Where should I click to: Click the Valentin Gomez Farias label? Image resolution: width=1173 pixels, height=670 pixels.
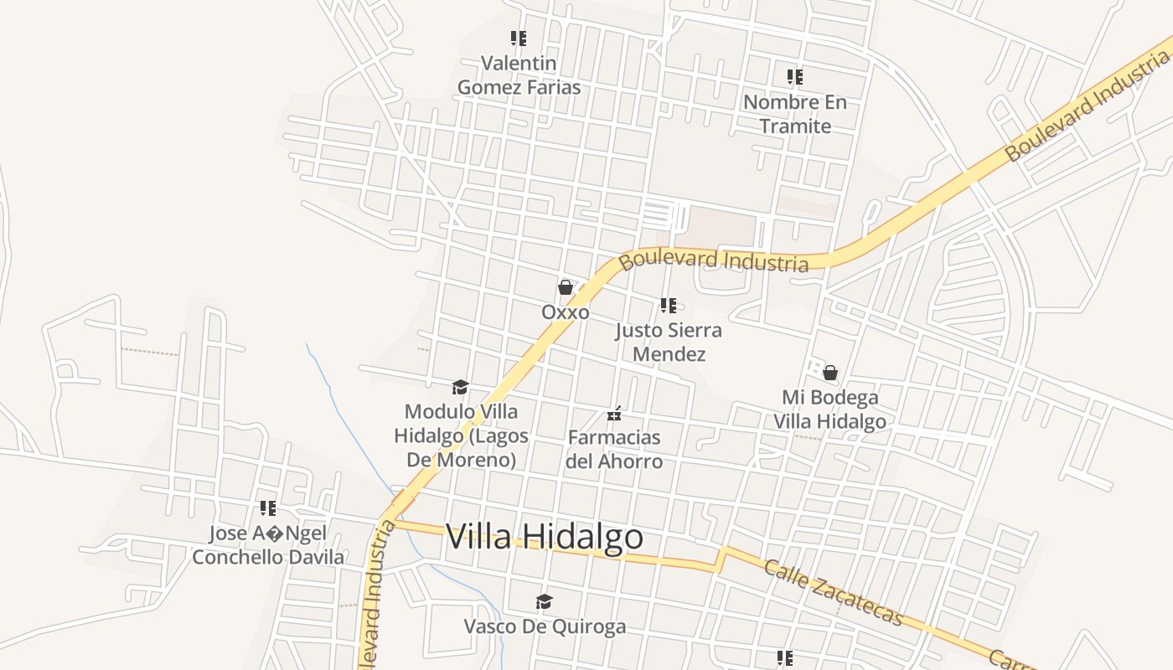point(519,75)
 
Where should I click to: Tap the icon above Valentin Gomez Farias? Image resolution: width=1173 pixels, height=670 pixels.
point(519,39)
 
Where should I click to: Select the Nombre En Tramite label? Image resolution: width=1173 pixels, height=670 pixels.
point(795,114)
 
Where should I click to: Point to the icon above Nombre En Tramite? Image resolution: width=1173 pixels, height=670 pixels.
point(795,77)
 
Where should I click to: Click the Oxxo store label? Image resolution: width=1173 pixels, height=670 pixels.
point(565,312)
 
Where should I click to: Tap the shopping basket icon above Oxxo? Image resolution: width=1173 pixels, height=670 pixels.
point(566,287)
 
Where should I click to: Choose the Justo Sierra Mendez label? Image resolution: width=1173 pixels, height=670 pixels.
point(669,342)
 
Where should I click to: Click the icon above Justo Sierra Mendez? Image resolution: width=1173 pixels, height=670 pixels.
point(668,306)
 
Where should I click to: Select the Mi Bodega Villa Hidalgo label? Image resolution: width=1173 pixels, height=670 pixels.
point(829,409)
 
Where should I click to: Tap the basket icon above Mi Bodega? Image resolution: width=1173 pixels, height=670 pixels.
point(830,372)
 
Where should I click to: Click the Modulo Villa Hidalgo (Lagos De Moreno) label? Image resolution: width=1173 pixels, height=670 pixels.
point(461,435)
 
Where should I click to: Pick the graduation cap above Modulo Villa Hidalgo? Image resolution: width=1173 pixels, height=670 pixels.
point(460,387)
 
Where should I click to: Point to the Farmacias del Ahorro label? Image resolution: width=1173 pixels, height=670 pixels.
point(614,449)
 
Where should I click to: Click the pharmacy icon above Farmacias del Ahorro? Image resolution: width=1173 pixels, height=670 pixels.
point(614,414)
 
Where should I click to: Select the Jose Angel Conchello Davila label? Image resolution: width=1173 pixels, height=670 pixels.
point(268,545)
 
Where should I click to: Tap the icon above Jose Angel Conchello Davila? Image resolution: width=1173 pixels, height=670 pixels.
point(268,508)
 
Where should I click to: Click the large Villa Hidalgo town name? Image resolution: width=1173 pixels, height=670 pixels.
point(545,537)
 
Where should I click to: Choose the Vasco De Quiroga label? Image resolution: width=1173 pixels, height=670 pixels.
point(545,626)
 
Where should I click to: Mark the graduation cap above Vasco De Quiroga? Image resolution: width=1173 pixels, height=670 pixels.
point(545,601)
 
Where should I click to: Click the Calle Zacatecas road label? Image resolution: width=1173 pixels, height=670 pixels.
point(834,592)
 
